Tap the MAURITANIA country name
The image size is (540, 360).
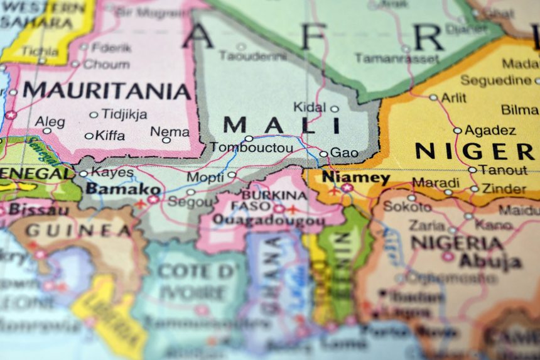coord(106,90)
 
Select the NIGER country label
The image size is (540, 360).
coord(475,151)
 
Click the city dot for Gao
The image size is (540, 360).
coord(323,153)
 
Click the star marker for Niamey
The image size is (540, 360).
coord(347,188)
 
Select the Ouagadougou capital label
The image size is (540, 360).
coord(268,220)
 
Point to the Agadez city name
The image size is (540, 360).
coord(490,130)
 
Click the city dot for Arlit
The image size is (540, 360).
coord(433,97)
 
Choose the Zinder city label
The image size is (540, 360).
coord(504,188)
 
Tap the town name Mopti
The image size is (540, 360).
coord(205,177)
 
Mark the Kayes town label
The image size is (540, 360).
coord(112,172)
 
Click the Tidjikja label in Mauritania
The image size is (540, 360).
coord(124,114)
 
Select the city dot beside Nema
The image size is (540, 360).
coord(166,140)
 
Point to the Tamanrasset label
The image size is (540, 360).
coord(397,58)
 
